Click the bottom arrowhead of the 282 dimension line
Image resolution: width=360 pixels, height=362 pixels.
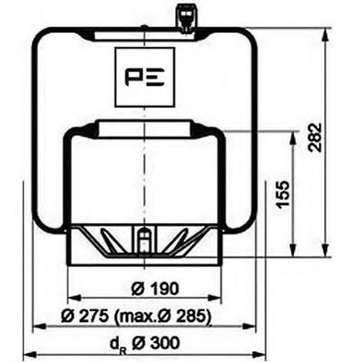pyautogui.click(x=320, y=262)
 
